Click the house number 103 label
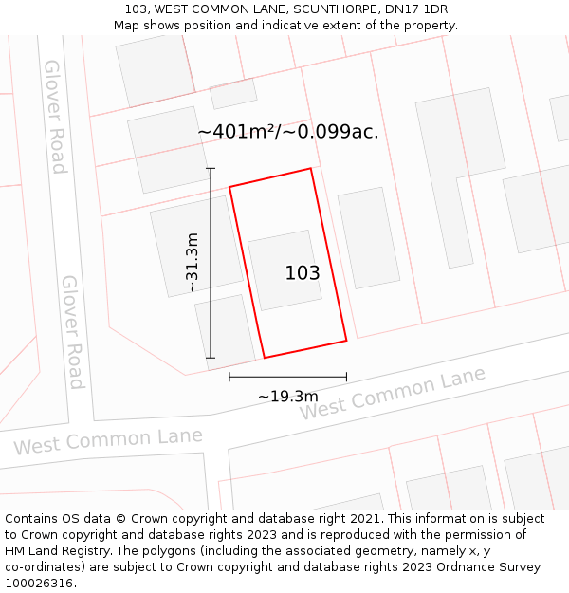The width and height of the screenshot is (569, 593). pos(303,273)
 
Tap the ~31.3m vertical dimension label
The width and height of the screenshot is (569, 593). pos(193,263)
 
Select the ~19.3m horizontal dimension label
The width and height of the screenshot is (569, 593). pos(287,397)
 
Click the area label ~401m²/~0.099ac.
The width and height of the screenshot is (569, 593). pos(287,132)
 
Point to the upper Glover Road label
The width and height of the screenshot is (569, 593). pos(55,117)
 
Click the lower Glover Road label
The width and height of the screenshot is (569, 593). pos(72,332)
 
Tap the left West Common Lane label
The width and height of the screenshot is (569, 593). pos(107,441)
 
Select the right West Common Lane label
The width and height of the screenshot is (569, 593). pos(393,394)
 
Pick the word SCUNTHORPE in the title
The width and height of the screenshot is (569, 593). pos(340,9)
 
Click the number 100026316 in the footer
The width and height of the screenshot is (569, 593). pos(40,584)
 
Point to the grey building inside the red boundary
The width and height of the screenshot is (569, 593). pos(284,269)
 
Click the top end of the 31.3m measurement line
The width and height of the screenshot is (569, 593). pos(211,169)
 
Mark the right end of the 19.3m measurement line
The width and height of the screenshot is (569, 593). pos(346,378)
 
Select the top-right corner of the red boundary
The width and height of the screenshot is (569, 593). pos(311,169)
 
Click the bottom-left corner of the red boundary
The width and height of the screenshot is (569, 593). pos(264,358)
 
